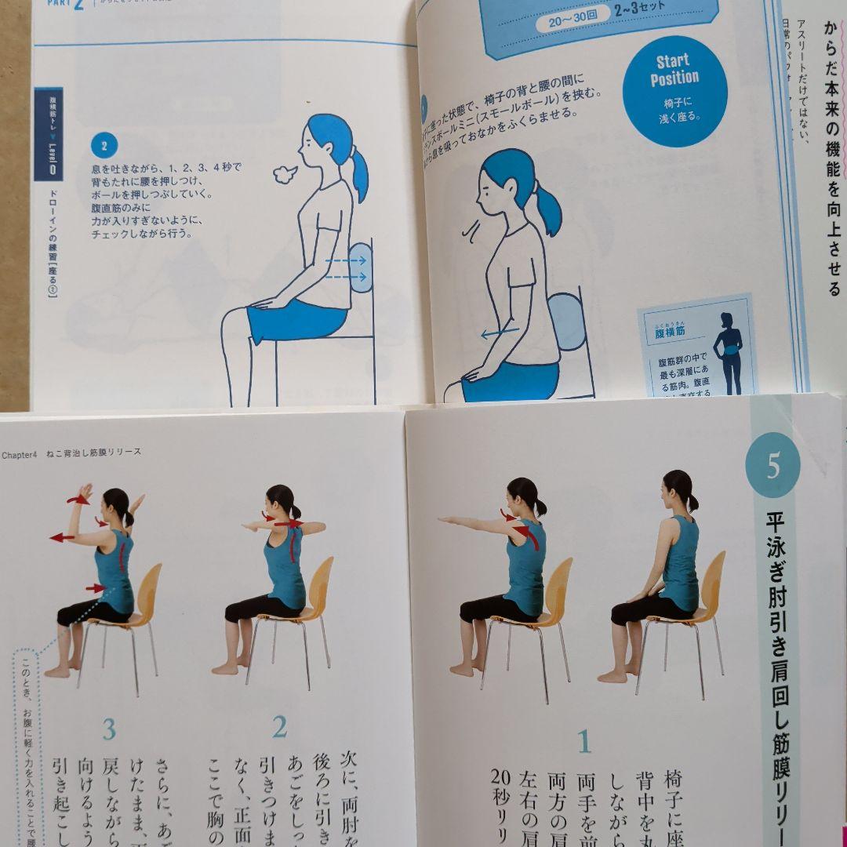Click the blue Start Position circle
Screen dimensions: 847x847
click(674, 91)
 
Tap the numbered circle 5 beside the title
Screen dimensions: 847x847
click(772, 465)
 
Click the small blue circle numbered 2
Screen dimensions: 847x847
click(104, 144)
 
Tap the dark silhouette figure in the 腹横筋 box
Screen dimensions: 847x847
click(728, 352)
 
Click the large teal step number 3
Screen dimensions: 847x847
click(109, 729)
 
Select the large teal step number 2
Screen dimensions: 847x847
click(279, 728)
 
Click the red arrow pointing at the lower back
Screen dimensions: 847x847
click(95, 588)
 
